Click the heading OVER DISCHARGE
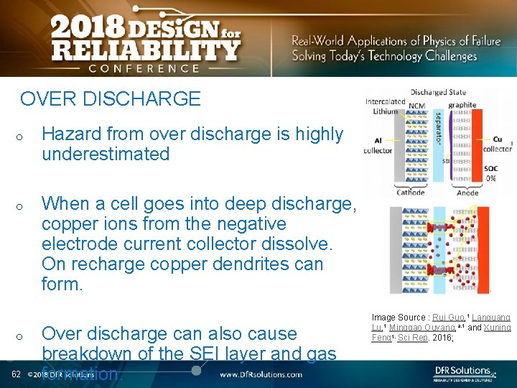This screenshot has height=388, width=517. coord(111,98)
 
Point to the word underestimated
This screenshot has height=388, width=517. coord(106,154)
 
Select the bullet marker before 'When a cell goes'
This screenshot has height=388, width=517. coord(22,206)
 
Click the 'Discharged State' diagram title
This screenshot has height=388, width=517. coord(438,92)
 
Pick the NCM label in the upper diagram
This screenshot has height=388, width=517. coord(416,106)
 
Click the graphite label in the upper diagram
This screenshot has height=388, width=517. coord(462,105)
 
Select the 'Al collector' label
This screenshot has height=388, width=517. coord(378,146)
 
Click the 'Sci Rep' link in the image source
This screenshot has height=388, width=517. coord(411,338)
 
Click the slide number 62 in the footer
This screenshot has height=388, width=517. coord(15,374)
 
